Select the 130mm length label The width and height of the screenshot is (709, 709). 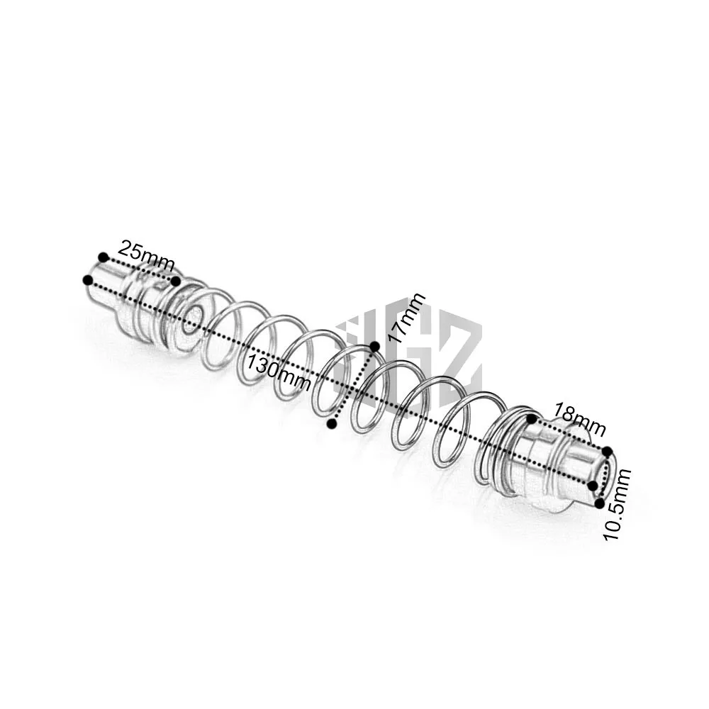click(279, 372)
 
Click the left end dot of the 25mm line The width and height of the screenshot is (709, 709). click(104, 257)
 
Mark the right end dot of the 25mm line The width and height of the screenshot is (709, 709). click(175, 281)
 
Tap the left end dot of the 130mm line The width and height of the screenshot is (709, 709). click(87, 280)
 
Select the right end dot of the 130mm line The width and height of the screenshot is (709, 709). click(593, 486)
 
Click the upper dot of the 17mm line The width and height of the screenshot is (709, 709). click(374, 346)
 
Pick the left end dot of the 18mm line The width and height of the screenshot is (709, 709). click(531, 420)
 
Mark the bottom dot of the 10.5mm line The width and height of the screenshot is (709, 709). click(599, 503)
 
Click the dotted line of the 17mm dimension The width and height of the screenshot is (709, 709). click(353, 385)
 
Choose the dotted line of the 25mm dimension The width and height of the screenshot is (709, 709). click(140, 269)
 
